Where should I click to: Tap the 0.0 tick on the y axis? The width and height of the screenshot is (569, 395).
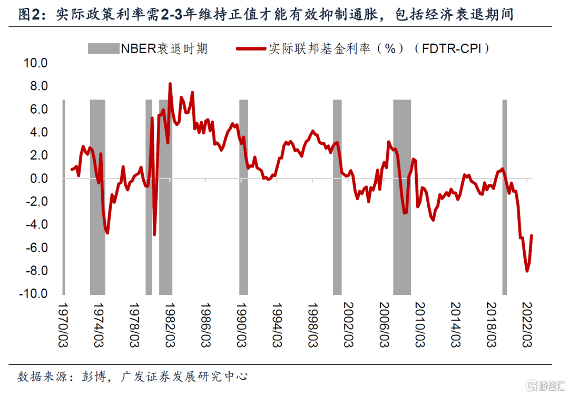[38, 179]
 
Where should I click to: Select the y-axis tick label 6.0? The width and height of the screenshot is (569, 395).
[38, 110]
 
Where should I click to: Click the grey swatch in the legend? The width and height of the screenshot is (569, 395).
[104, 49]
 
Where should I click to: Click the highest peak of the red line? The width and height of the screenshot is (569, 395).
[170, 84]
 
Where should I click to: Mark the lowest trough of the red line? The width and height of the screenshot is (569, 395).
[527, 271]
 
